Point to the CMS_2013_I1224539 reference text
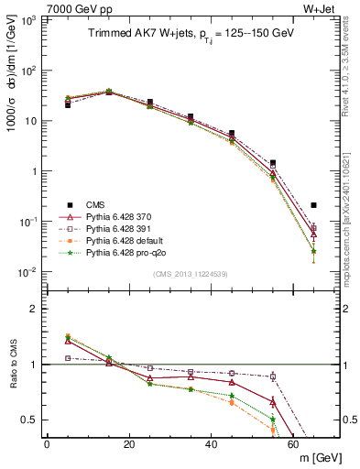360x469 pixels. [190, 273]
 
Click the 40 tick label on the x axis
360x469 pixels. [211, 442]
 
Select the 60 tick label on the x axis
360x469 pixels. [293, 442]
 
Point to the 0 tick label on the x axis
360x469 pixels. [47, 442]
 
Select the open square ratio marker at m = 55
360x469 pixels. [273, 376]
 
